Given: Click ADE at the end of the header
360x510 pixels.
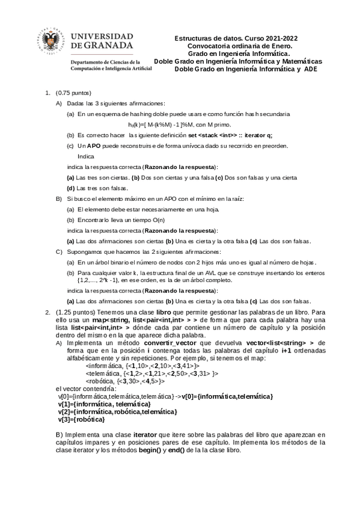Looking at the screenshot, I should pyautogui.click(x=310, y=69).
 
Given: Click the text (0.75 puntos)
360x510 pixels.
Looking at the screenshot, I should pyautogui.click(x=73, y=93).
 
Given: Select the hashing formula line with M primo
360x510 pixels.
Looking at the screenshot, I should pyautogui.click(x=171, y=124).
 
